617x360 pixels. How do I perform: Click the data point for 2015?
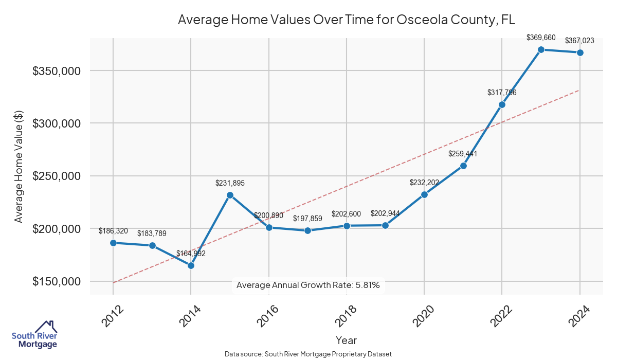click(230, 195)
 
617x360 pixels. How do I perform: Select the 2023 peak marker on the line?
click(541, 49)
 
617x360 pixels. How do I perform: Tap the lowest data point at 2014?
click(191, 265)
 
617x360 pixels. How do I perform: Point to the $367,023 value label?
click(580, 41)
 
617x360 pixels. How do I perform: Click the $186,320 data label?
click(113, 231)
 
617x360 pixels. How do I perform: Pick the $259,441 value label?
click(463, 154)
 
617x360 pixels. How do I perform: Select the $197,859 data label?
click(307, 219)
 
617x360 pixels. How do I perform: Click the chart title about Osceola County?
click(346, 20)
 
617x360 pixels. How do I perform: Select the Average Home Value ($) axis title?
click(19, 167)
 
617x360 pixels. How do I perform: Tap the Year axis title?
click(346, 340)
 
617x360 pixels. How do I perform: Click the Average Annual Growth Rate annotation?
click(308, 285)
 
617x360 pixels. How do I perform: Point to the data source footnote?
click(308, 354)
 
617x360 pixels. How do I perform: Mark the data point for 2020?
click(424, 194)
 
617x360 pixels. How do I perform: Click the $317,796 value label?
click(502, 93)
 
